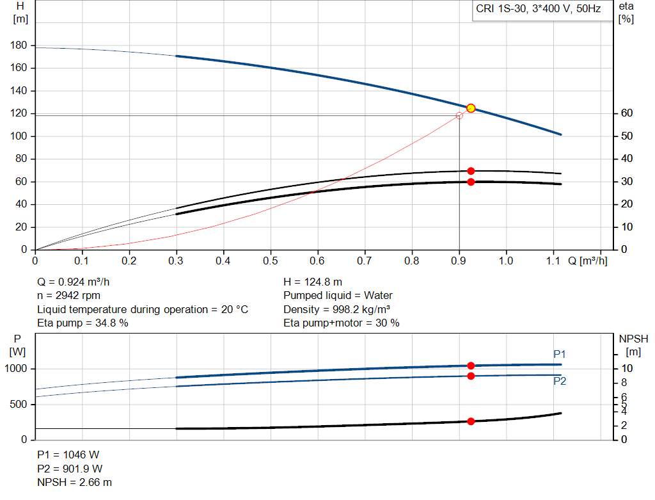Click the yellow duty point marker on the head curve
point(471,108)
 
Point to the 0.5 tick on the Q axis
point(271,261)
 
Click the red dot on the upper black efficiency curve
point(471,171)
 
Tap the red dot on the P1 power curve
point(471,366)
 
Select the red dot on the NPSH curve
point(471,421)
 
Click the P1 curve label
point(560,354)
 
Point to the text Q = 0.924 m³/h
point(78,282)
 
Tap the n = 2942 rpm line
point(69,296)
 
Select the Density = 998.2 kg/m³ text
point(337,309)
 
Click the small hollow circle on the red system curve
point(459,116)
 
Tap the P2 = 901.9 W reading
point(70,469)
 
